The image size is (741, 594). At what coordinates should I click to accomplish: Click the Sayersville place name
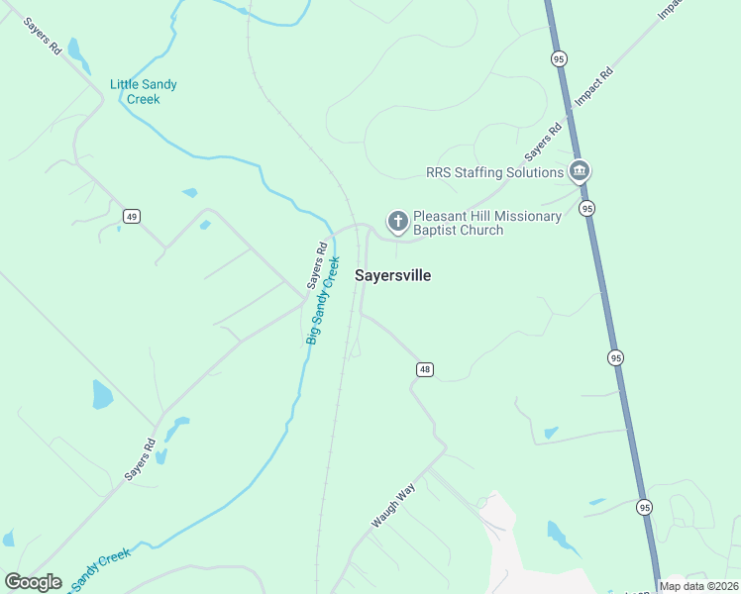(x=392, y=276)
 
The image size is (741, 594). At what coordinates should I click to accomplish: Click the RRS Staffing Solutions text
(x=494, y=172)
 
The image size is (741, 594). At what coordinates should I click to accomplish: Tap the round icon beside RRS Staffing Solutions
(x=580, y=171)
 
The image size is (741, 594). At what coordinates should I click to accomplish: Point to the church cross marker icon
(x=397, y=222)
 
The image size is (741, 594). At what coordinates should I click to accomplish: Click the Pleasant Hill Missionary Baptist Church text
(x=486, y=223)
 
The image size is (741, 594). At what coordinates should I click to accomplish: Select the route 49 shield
(x=131, y=216)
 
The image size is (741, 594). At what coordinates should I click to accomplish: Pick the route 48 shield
(x=424, y=369)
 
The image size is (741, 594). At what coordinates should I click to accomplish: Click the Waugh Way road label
(x=392, y=504)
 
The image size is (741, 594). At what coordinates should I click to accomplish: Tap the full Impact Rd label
(x=594, y=88)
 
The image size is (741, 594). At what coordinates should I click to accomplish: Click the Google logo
(x=33, y=582)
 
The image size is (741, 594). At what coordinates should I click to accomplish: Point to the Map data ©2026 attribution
(x=698, y=586)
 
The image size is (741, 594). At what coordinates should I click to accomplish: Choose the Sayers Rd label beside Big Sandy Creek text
(x=316, y=265)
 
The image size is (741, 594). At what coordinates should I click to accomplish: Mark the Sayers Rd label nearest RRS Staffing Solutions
(x=543, y=142)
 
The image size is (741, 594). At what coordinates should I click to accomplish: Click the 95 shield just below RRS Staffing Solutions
(x=587, y=208)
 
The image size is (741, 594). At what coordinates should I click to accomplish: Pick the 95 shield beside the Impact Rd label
(x=558, y=59)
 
